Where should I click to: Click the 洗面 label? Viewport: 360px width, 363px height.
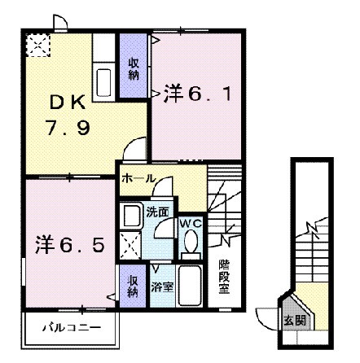click(158, 212)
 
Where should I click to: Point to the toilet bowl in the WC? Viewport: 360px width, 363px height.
click(191, 243)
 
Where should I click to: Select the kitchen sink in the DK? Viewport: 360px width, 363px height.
click(104, 82)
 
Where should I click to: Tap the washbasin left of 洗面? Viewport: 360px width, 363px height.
click(131, 215)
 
